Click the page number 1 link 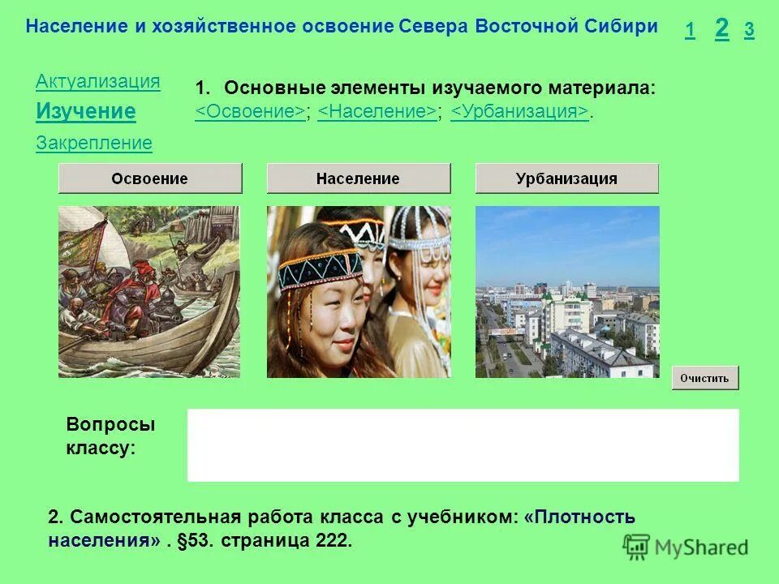click(690, 31)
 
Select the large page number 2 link click(721, 28)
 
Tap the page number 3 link click(749, 31)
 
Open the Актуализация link click(97, 81)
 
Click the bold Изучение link click(85, 111)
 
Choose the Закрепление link click(93, 144)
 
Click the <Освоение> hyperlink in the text click(250, 112)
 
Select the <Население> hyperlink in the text click(377, 112)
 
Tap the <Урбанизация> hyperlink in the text click(519, 112)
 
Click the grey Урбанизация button click(566, 178)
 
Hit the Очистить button click(704, 378)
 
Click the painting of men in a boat click(149, 291)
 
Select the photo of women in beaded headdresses click(358, 291)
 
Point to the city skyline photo click(566, 291)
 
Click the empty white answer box click(463, 444)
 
